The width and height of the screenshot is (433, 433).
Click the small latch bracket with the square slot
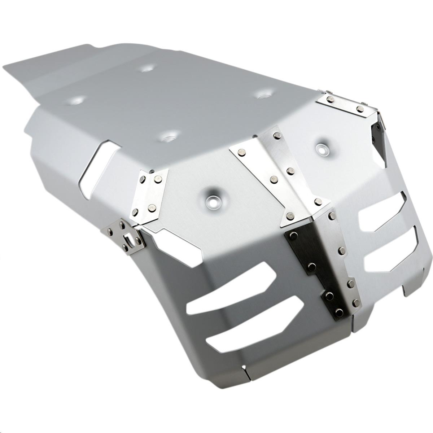click(127, 236)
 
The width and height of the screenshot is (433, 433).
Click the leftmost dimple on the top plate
click(77, 100)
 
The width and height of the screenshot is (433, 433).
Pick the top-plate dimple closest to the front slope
click(168, 136)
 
